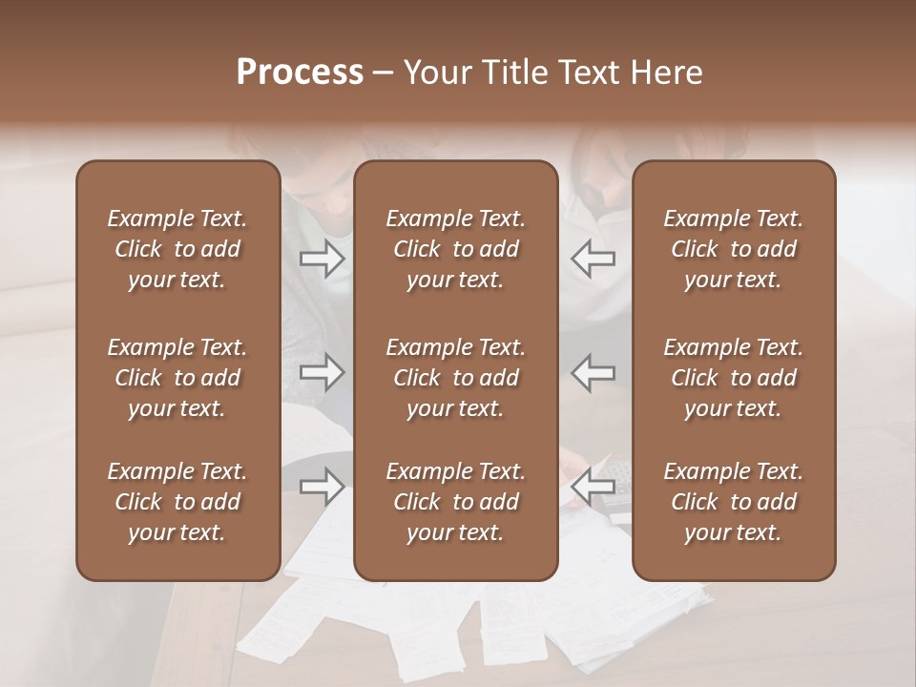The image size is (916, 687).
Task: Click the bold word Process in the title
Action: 300,73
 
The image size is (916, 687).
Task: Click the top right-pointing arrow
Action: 322,259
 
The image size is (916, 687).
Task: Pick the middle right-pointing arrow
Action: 322,372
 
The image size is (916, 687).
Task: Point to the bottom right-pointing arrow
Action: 322,487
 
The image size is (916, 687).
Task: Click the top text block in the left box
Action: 177,249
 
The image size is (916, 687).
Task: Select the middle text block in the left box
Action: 177,378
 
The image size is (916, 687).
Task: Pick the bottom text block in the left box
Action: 177,502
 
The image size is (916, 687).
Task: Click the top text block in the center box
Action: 455,249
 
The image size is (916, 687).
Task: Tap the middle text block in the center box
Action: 455,378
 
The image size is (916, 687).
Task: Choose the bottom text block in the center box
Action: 455,502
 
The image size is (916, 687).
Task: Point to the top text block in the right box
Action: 733,249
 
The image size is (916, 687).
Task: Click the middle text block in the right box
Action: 733,378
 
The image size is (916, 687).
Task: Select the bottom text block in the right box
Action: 733,502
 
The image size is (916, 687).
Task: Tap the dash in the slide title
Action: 383,73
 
